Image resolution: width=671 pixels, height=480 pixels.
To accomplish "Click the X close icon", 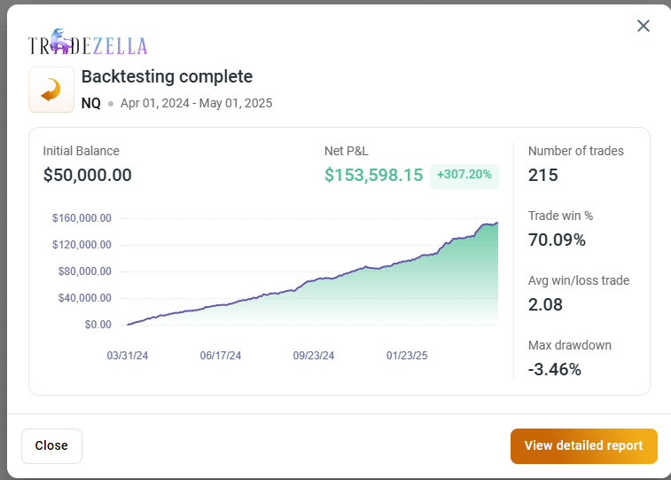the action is click(644, 26).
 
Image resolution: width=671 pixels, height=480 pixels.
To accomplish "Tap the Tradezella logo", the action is click(88, 42).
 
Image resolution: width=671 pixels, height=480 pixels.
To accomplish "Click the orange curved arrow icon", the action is click(51, 90).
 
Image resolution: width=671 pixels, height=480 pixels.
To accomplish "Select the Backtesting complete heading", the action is click(167, 76).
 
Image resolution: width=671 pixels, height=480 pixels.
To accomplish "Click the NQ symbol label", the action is click(91, 103).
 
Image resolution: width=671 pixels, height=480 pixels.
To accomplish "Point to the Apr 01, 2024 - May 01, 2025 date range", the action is click(196, 103).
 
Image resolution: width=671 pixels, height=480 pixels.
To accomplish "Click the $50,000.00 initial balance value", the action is click(87, 175).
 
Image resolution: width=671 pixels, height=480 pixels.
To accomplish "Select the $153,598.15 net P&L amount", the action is click(373, 175).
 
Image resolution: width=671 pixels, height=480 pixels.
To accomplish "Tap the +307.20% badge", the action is click(464, 175).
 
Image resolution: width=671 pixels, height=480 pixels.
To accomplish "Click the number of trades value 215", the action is click(543, 175).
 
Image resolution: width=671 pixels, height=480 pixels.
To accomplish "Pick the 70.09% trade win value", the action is click(557, 240).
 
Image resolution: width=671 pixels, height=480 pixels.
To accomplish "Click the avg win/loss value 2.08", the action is click(545, 304).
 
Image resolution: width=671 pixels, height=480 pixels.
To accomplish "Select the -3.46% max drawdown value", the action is click(555, 369).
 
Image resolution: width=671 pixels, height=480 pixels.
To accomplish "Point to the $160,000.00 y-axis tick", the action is click(82, 218).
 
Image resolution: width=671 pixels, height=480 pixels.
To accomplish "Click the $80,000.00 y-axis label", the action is click(85, 271).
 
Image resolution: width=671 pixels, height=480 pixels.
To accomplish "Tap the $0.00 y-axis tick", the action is click(98, 325).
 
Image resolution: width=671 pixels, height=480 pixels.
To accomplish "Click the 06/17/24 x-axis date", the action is click(221, 356).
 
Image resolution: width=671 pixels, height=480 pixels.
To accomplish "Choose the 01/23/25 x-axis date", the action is click(407, 356).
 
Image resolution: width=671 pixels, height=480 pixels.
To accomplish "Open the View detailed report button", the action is click(584, 445).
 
